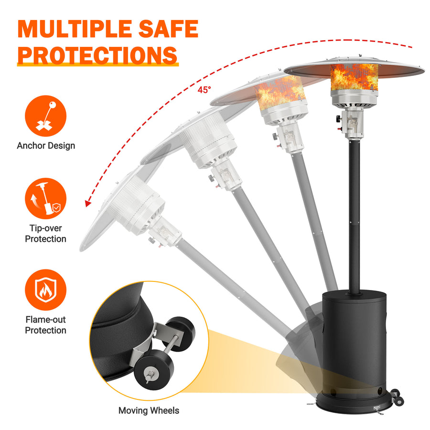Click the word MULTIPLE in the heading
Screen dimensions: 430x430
click(x=74, y=29)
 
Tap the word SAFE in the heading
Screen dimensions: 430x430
click(x=168, y=29)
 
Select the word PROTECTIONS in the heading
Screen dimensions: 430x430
click(x=97, y=55)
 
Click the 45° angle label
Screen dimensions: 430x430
click(x=204, y=90)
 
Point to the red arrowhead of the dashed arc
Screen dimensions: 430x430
click(x=88, y=204)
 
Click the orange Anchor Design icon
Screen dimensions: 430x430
click(x=45, y=116)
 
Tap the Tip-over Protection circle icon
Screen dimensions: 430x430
click(x=45, y=198)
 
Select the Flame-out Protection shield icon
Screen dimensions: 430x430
click(x=45, y=290)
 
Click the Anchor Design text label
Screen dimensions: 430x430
click(x=46, y=145)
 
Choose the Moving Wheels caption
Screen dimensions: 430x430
click(x=149, y=410)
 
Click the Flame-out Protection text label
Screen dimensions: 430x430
click(x=45, y=325)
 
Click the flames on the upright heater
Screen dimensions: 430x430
click(x=354, y=77)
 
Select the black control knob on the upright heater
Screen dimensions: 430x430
click(x=339, y=119)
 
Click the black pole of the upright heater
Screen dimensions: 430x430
click(x=354, y=216)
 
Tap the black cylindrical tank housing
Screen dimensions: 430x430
click(x=354, y=343)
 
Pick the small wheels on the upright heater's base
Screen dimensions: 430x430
click(x=397, y=398)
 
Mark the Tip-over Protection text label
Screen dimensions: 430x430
click(x=45, y=233)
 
